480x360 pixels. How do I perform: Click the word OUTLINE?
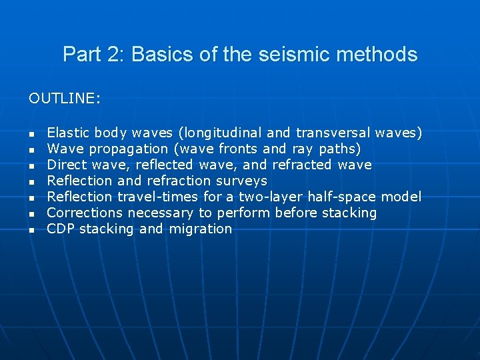(x=63, y=99)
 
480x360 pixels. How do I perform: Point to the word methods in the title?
(x=381, y=55)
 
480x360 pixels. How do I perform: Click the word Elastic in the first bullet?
(x=69, y=133)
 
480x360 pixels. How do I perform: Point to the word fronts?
(x=239, y=149)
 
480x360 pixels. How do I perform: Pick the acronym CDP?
(x=61, y=229)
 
